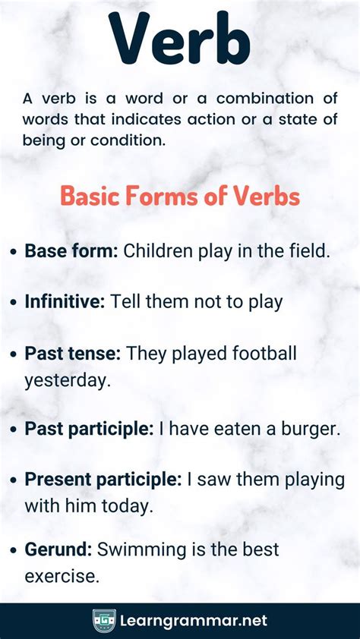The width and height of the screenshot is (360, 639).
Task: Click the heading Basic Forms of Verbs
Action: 180,197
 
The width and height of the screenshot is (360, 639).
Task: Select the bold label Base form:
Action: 71,251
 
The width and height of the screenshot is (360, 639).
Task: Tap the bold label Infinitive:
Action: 65,301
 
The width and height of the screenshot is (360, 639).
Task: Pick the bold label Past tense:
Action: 73,353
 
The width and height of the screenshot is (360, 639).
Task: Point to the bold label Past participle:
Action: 89,429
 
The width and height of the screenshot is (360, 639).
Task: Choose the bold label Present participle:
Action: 103,480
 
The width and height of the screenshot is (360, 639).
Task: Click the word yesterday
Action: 68,379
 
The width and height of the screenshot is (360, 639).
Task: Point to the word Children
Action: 161,251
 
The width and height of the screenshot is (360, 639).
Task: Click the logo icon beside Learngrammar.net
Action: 104,621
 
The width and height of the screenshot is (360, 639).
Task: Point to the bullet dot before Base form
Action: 15,252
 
